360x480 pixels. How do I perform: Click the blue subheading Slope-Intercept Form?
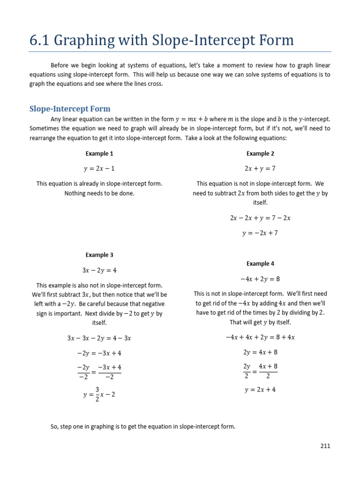(x=70, y=109)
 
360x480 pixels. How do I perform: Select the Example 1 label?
(x=99, y=153)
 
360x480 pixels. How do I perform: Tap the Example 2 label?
(x=260, y=153)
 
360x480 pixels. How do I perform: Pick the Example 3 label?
(x=99, y=255)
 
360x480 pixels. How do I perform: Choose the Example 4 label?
(x=260, y=263)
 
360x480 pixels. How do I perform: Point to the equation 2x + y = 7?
(x=260, y=168)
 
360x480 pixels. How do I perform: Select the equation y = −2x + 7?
(x=260, y=233)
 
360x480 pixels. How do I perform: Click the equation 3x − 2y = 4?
(x=99, y=270)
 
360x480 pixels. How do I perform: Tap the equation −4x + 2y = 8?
(x=260, y=279)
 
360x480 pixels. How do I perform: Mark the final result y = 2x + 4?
(x=260, y=390)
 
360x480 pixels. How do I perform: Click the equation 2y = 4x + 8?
(x=260, y=352)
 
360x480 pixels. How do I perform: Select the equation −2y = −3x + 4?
(x=99, y=353)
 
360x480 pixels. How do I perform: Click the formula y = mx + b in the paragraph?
(x=187, y=120)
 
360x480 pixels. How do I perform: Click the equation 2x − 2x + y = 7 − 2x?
(x=260, y=218)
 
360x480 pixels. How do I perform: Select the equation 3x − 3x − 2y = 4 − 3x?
(x=99, y=338)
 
